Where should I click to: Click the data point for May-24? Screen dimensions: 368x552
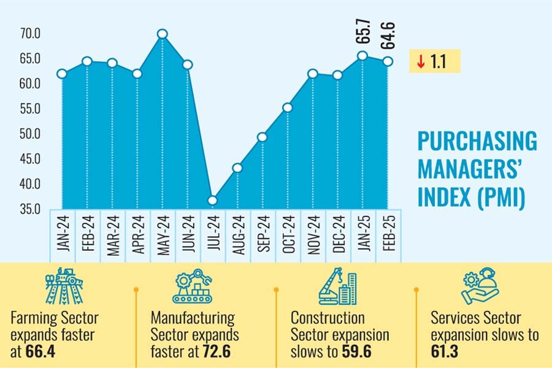coord(162,34)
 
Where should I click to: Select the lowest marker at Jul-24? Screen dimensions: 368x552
coord(212,201)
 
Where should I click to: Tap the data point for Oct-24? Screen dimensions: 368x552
coord(287,108)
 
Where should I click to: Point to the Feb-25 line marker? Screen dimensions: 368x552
coord(388,61)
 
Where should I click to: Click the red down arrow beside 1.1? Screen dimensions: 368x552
coord(420,62)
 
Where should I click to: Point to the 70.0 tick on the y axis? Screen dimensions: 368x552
coord(29,34)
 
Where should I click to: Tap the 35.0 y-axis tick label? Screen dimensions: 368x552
coord(29,209)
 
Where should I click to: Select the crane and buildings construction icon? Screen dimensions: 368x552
coord(337,286)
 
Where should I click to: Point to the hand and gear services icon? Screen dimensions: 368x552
coord(480,286)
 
